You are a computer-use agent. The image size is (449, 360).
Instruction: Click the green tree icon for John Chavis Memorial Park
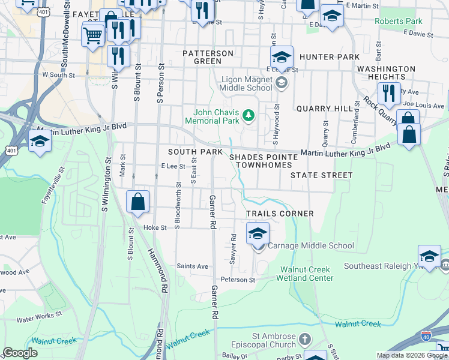coord(247,114)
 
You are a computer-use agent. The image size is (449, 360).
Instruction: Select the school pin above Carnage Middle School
coord(258,233)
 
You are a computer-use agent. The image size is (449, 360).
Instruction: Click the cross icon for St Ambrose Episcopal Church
coord(306,340)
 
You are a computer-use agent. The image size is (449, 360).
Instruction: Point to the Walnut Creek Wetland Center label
coord(305,274)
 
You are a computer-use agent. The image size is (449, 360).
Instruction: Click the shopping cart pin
coord(92,35)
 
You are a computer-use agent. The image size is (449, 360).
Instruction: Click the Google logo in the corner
coord(20,353)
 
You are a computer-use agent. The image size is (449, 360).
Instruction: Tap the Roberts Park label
coord(398,21)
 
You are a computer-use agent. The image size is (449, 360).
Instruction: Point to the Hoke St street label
coord(154,228)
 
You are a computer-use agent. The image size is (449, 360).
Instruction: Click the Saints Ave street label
coord(192,266)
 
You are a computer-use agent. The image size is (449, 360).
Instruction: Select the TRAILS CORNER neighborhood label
coord(280,214)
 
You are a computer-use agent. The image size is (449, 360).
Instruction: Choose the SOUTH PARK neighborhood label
coord(195,152)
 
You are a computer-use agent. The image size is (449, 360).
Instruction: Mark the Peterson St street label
coord(238,280)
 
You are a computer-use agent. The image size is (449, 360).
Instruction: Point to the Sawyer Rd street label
coord(233,253)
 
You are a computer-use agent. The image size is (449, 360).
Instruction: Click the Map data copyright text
coord(412,355)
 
